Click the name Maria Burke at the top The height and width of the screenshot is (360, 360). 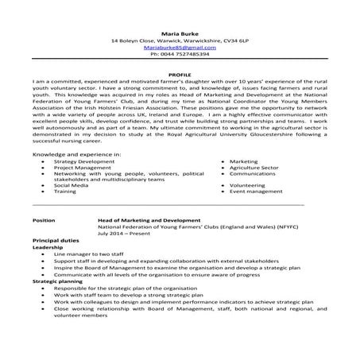(180, 33)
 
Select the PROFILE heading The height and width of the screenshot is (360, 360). (180, 73)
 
